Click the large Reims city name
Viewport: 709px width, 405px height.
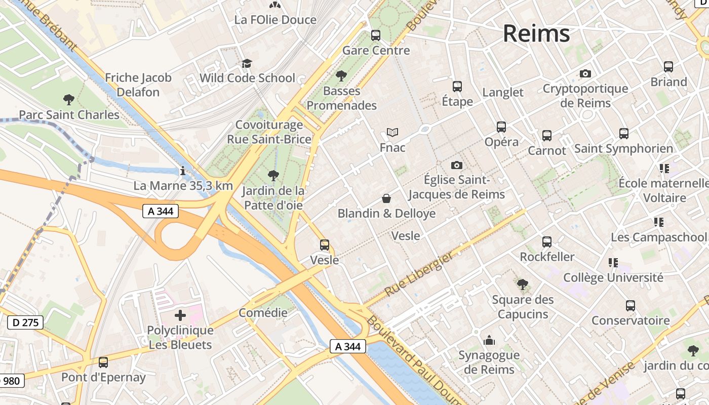coord(536,34)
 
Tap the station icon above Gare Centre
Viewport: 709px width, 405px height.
coord(376,35)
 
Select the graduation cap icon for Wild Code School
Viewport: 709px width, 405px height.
coord(247,63)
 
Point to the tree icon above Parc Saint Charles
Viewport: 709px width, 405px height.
coord(69,100)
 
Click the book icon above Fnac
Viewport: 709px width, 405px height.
coord(392,132)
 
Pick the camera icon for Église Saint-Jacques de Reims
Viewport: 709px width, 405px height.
coord(456,165)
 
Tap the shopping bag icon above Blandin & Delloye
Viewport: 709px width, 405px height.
coord(386,198)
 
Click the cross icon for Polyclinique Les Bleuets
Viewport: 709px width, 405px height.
coord(180,316)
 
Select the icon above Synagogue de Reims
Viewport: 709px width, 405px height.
coord(489,340)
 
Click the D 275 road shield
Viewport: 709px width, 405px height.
coord(25,322)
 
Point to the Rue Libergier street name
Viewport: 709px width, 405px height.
coord(419,274)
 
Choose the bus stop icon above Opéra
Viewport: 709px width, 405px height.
coord(501,127)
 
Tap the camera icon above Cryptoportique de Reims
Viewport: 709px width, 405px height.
coord(585,74)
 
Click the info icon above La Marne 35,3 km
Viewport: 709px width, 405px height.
coord(183,171)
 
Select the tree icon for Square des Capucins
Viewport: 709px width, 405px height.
coord(523,285)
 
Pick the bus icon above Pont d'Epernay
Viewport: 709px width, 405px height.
coord(103,362)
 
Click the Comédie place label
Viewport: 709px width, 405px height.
coord(263,312)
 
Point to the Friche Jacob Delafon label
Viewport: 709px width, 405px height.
coord(138,85)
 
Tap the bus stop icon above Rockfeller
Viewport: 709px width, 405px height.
coord(547,242)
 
